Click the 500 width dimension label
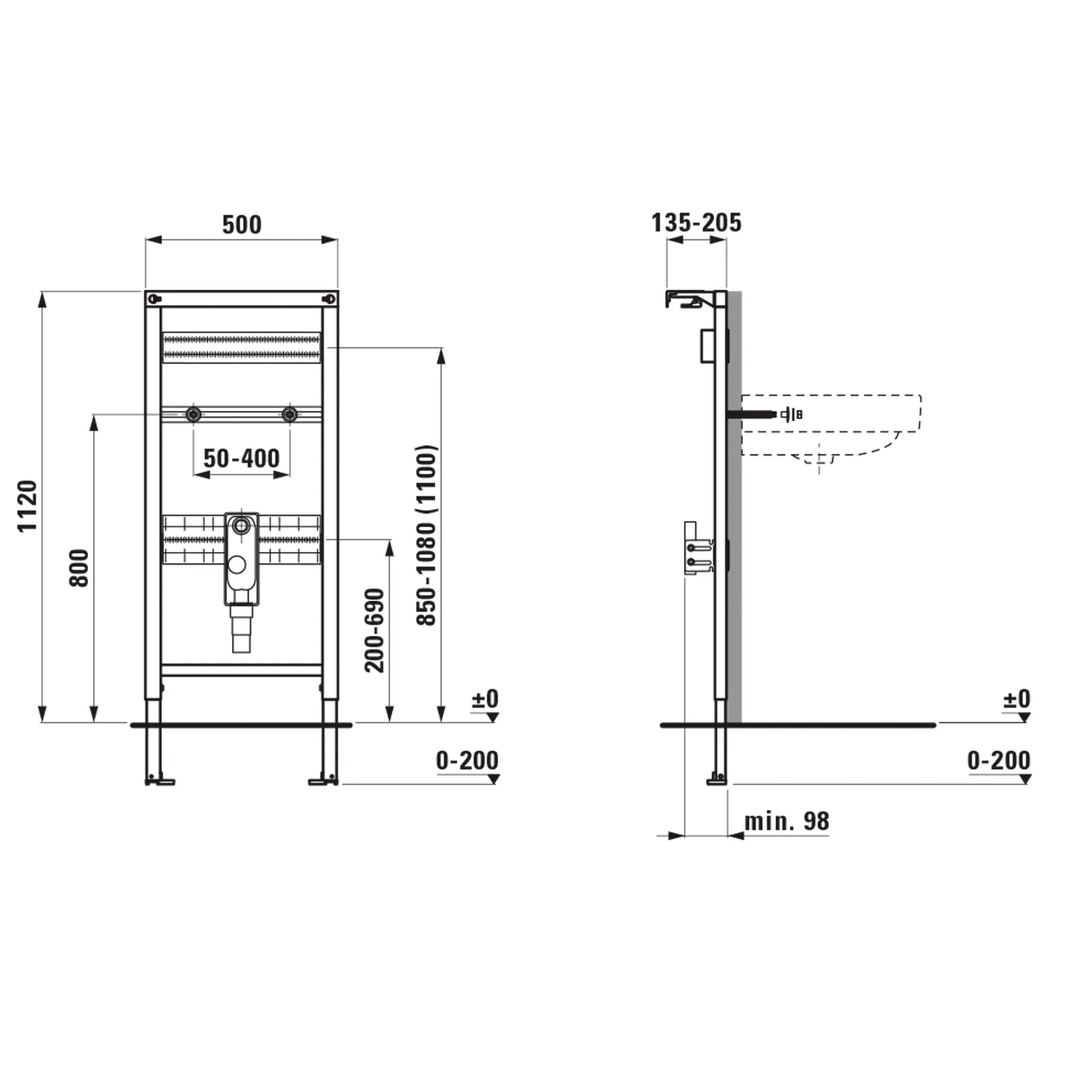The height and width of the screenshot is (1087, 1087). tap(242, 225)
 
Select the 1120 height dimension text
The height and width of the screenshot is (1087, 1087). tap(27, 506)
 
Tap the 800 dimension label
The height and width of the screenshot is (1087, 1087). tap(79, 568)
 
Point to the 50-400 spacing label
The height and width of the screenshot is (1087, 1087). tap(242, 458)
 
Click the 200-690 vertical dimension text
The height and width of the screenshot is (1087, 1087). tap(374, 631)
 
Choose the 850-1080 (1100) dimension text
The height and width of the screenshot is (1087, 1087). tap(427, 536)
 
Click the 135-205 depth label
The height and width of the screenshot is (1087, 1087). tap(696, 222)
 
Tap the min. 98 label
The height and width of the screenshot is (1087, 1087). tap(786, 821)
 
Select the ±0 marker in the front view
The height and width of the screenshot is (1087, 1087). tap(485, 699)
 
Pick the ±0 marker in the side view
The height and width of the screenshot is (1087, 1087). tap(1017, 699)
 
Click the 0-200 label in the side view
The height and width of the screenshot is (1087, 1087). tap(999, 760)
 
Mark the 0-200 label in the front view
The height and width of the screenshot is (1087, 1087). tap(467, 760)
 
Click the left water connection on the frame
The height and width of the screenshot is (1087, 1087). tap(194, 414)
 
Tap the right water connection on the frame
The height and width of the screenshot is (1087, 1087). tap(290, 414)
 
